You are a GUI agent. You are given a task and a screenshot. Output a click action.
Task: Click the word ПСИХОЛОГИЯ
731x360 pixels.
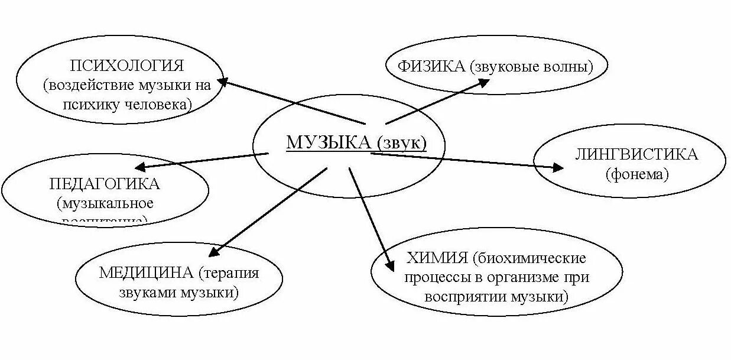coord(127,64)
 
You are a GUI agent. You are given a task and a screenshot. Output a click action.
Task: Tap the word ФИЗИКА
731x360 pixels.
coord(431,66)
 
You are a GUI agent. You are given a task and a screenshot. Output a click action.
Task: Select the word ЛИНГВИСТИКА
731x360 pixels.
coord(636,155)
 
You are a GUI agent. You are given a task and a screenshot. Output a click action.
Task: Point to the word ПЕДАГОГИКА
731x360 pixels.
coord(105,184)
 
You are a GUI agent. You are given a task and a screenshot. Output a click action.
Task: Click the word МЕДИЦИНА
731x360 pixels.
coord(146,273)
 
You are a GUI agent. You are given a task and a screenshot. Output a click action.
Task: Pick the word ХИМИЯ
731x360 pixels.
coord(438,258)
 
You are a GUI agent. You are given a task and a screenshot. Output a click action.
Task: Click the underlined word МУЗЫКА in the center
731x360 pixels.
coord(328,142)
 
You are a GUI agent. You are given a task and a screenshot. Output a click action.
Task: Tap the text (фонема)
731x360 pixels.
coord(637,174)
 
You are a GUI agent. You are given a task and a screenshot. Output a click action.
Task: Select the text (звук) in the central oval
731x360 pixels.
coord(401,142)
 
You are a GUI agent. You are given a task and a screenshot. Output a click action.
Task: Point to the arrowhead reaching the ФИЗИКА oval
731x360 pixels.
coord(483,82)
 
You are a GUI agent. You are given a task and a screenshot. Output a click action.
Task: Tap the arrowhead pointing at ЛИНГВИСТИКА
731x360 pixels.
coord(557,167)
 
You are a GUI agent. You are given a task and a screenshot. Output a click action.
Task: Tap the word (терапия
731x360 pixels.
coord(229,273)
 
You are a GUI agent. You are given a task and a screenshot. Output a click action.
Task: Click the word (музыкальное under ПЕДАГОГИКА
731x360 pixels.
coord(105,204)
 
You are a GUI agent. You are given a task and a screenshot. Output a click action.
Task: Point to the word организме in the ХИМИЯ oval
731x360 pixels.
coord(533,277)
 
